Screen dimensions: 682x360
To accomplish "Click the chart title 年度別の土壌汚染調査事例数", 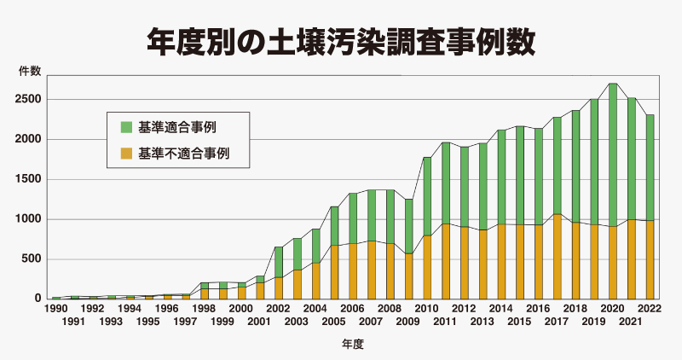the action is click(x=340, y=43).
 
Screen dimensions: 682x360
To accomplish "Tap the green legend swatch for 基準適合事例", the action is click(x=126, y=127).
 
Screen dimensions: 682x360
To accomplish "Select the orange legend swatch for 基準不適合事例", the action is click(x=126, y=154).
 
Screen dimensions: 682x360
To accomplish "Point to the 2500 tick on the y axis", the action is click(x=29, y=99).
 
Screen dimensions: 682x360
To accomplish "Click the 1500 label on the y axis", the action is click(x=29, y=179).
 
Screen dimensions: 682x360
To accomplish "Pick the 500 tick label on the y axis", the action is click(x=32, y=259).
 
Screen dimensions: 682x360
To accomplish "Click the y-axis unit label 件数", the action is click(x=30, y=71).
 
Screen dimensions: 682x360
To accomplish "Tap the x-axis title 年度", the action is click(x=352, y=345).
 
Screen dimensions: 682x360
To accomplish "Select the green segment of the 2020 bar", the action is click(x=613, y=155).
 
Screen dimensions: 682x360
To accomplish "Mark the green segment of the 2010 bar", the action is click(x=427, y=196).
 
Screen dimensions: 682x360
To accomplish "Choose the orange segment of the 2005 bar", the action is click(x=334, y=272).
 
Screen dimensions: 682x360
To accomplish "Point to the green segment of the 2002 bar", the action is click(x=279, y=262).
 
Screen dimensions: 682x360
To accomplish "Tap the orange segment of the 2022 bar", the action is click(x=650, y=260).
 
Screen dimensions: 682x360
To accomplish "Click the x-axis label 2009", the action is click(x=407, y=322).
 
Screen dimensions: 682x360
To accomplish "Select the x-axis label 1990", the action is click(x=56, y=309).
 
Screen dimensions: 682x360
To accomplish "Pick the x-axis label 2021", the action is click(x=631, y=322).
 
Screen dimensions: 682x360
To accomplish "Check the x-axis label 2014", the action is click(x=501, y=309).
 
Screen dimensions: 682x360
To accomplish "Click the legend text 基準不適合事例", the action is click(x=183, y=154).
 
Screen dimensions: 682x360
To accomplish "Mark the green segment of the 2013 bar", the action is click(x=483, y=187).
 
